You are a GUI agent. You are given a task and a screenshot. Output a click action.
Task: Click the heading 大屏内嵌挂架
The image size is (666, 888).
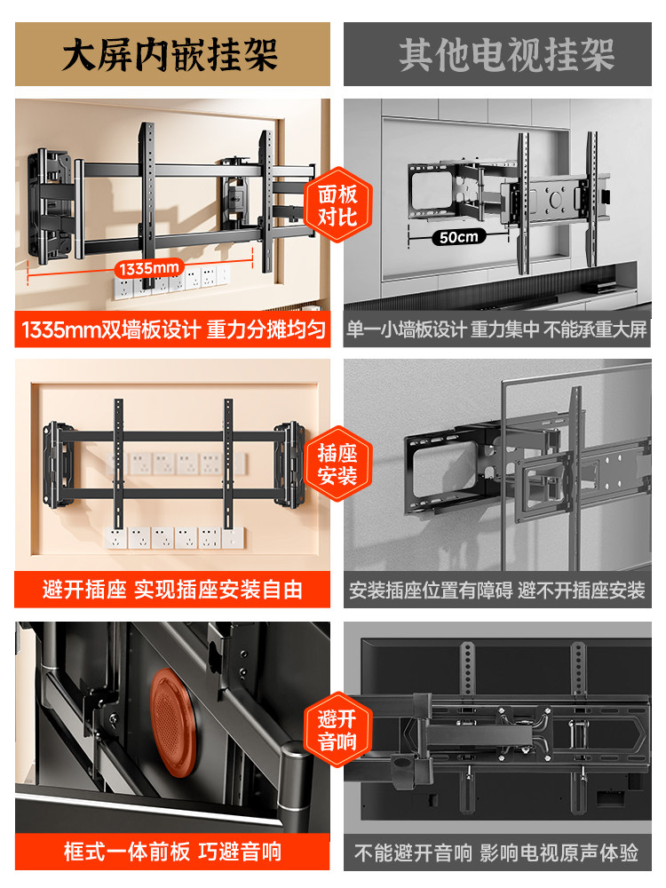click(170, 55)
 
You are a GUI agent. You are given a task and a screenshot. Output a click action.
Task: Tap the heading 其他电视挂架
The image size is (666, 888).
click(506, 55)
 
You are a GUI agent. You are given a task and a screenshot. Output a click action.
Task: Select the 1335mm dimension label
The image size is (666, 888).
click(148, 267)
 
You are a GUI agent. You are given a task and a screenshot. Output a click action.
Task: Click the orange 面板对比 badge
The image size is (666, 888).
click(337, 205)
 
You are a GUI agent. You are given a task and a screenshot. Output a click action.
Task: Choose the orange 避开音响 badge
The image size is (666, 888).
click(337, 730)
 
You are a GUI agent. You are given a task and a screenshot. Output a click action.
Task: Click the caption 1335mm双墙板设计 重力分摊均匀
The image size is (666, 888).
click(172, 331)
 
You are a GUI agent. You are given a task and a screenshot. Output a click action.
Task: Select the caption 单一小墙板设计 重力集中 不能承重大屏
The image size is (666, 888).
click(496, 331)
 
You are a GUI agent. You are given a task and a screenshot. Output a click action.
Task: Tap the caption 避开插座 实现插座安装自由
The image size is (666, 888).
click(172, 589)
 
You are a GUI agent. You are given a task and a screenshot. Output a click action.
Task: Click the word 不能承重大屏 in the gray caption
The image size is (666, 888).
click(596, 331)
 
